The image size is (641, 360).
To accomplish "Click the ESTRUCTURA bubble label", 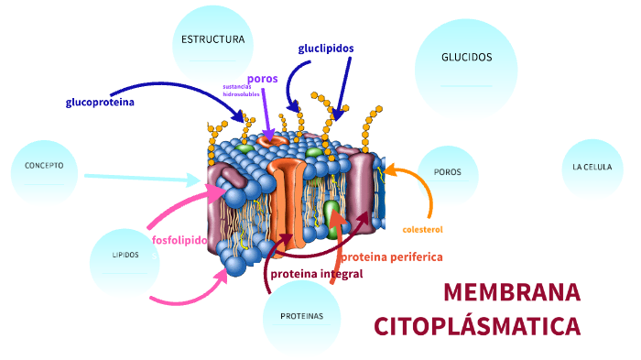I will point(212,40).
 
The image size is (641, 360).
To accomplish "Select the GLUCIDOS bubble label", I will point(466,58).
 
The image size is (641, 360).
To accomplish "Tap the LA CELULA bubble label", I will point(592,168).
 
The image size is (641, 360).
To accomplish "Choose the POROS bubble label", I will point(448,172).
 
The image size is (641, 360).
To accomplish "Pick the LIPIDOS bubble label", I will point(125,255).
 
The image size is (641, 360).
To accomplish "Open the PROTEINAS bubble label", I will point(301,316).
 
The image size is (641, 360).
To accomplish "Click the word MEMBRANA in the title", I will point(512,293).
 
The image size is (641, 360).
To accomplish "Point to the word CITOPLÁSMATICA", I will point(477,327).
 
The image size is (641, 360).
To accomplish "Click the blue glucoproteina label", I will point(100,103).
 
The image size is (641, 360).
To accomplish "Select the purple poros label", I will point(262,79).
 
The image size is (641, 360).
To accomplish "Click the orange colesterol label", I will point(422,229).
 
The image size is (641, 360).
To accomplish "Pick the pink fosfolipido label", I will point(179,241).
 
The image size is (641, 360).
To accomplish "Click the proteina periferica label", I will point(392,257).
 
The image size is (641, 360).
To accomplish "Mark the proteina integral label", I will point(316,274).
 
